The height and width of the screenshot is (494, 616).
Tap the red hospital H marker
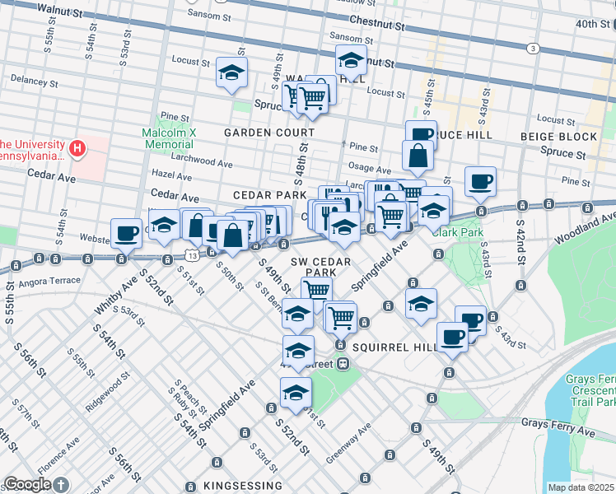(77, 148)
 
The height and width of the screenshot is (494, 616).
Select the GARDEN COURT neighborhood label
(269, 133)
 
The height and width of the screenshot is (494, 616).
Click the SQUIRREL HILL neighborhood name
(394, 347)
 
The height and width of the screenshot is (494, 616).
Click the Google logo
(27, 484)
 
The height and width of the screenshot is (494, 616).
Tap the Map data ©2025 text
(581, 487)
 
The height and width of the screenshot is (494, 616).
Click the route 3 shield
(534, 49)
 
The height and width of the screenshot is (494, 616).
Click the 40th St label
(591, 24)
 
